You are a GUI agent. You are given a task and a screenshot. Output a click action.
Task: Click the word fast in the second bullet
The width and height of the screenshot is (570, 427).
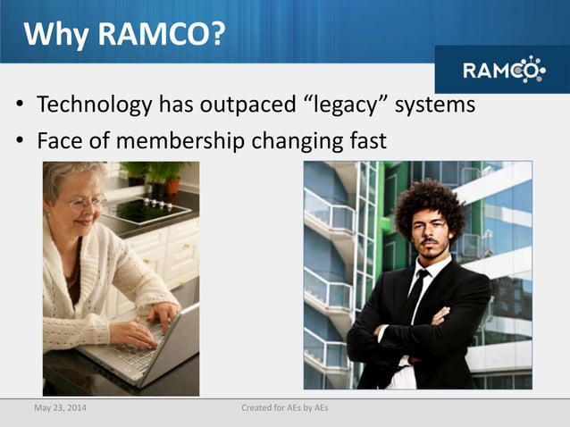pyautogui.click(x=365, y=140)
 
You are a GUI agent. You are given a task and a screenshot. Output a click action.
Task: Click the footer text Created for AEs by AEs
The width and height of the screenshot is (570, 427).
pyautogui.click(x=285, y=408)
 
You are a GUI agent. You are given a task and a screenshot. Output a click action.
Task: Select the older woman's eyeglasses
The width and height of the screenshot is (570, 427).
pyautogui.click(x=87, y=203)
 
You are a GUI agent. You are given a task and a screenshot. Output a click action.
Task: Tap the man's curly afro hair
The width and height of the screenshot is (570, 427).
pyautogui.click(x=429, y=201)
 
